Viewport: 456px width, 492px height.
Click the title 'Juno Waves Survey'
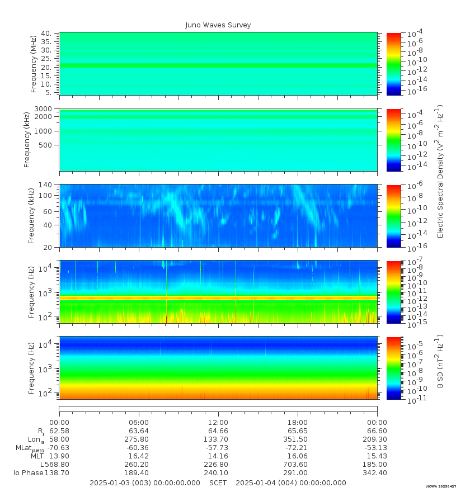point(218,25)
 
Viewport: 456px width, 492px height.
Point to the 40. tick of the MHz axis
point(47,34)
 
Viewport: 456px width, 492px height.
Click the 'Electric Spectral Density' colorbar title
point(440,171)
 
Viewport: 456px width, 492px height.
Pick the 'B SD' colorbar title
point(440,362)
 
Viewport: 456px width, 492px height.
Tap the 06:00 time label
point(139,422)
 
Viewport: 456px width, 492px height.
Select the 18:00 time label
point(298,422)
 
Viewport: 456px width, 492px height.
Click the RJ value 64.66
point(218,431)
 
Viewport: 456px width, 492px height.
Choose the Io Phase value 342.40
point(377,473)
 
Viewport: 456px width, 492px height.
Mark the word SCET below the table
point(218,483)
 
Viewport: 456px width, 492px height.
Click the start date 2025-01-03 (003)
point(129,483)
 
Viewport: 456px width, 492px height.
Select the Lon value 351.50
point(298,439)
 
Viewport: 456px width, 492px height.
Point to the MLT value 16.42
point(139,456)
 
